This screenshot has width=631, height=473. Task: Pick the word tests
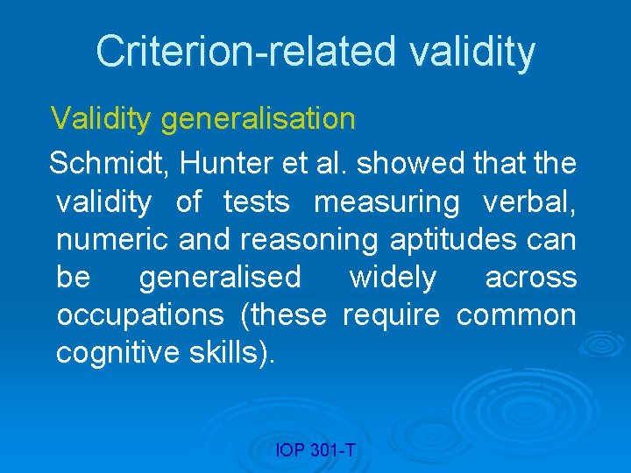tap(256, 201)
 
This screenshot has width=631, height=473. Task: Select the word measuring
tap(386, 202)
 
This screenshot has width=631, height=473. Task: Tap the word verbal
tap(529, 201)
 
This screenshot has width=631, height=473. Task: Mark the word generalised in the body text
tap(219, 278)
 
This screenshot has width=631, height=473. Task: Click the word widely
tap(392, 278)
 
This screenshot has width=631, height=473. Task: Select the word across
tap(531, 278)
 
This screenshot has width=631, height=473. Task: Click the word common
tap(516, 315)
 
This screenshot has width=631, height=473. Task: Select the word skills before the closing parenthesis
tap(227, 353)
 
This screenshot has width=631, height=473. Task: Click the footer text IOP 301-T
tap(315, 450)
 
